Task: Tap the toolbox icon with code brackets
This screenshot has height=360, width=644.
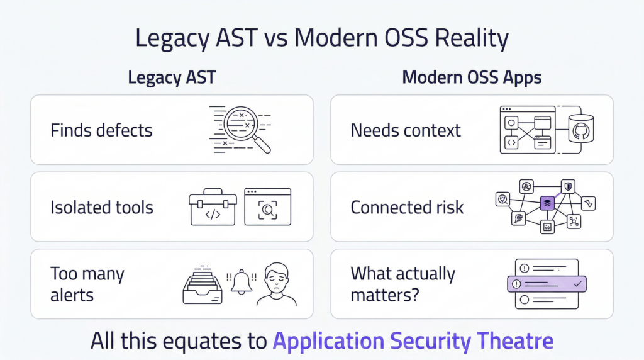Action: click(213, 207)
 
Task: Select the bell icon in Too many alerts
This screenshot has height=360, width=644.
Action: click(241, 282)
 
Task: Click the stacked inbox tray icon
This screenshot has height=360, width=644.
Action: click(203, 285)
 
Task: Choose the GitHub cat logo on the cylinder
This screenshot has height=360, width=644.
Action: click(581, 132)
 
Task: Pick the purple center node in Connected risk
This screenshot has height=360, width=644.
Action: click(547, 203)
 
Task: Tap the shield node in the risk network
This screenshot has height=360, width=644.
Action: click(568, 186)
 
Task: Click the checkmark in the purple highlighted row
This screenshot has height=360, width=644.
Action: click(577, 284)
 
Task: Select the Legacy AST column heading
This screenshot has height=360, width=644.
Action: click(172, 77)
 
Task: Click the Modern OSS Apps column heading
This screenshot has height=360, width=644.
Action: click(472, 77)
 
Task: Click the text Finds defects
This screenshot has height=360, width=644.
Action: click(101, 130)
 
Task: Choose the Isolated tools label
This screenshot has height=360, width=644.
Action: click(102, 208)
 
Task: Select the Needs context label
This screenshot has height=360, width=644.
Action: click(406, 130)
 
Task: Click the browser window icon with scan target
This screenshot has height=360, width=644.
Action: click(268, 206)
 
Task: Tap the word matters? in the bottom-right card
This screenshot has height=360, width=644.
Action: click(385, 295)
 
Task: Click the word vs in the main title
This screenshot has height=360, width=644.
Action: click(275, 38)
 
